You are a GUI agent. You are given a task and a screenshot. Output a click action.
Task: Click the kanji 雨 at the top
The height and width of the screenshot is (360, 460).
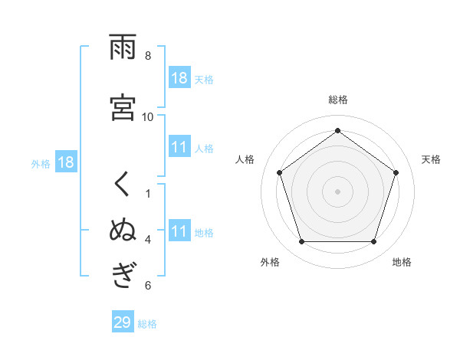[x=123, y=48]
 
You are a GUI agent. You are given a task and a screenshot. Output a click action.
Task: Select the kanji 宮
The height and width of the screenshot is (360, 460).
[x=123, y=107]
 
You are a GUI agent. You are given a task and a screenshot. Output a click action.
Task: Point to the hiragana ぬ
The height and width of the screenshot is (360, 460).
[x=123, y=230]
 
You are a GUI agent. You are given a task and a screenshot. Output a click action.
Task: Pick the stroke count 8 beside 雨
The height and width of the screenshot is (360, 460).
[x=148, y=56]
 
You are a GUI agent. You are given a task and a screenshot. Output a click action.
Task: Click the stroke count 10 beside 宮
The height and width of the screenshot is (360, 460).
[x=148, y=116]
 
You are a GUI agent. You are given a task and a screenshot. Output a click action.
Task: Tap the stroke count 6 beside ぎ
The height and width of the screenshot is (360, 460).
[x=148, y=286]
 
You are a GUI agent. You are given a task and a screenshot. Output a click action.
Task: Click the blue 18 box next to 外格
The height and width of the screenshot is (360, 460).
[x=66, y=162]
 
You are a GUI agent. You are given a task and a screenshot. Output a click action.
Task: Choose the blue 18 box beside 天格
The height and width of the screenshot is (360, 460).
[x=179, y=78]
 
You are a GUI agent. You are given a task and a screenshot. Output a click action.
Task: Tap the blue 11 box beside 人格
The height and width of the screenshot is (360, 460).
[x=179, y=147]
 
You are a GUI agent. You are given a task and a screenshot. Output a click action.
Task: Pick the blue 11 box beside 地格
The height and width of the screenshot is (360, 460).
[x=179, y=231]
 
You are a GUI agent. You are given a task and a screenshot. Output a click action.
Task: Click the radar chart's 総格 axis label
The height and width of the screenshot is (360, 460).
[x=338, y=100]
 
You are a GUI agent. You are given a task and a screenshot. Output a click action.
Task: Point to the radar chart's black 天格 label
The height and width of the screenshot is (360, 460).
[x=431, y=159]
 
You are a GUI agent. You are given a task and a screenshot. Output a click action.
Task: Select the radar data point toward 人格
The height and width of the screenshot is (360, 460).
[x=279, y=172]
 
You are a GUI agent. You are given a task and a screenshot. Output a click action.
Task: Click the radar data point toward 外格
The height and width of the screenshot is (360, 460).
[x=301, y=242]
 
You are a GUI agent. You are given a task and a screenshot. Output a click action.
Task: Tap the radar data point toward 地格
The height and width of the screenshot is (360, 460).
[x=374, y=242]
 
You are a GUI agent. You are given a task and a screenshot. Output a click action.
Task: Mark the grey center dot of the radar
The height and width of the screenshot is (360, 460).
[x=338, y=191]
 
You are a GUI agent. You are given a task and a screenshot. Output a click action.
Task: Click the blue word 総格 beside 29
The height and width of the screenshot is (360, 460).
[x=147, y=324]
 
